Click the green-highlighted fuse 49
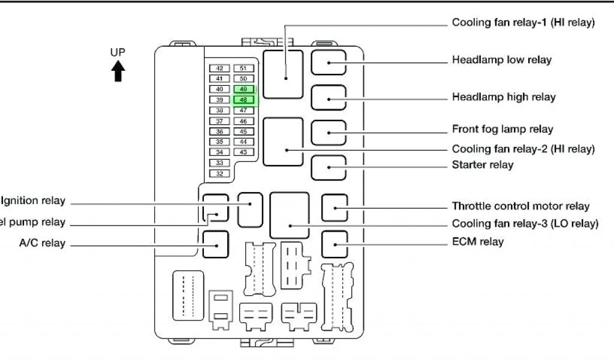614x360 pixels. (x=243, y=89)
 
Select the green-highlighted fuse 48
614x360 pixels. (x=243, y=100)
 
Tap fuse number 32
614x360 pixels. (x=219, y=173)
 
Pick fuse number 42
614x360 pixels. (x=219, y=68)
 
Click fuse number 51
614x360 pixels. (x=243, y=68)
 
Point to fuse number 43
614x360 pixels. (x=243, y=152)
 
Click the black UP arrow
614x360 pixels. (x=118, y=71)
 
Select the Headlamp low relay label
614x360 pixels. (x=502, y=60)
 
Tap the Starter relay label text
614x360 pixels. (x=483, y=164)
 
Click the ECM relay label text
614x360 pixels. (x=478, y=242)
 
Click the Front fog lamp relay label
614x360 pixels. (x=502, y=129)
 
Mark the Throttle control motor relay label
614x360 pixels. (x=520, y=206)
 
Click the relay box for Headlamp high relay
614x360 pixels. (x=329, y=97)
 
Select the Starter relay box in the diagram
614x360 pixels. (x=329, y=167)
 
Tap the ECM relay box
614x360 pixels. (x=335, y=243)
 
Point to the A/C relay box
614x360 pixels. (x=215, y=244)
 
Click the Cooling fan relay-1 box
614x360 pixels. (x=283, y=74)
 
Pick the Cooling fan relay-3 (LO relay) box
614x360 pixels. (x=290, y=215)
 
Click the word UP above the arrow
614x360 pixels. (x=118, y=52)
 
